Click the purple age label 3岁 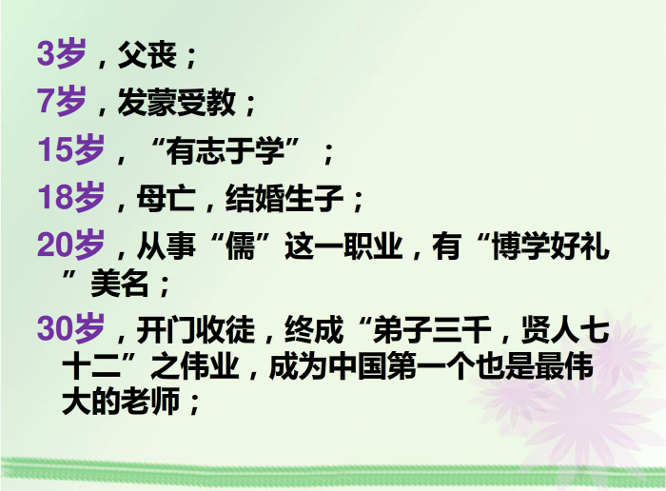pyautogui.click(x=62, y=53)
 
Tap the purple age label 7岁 pyautogui.click(x=62, y=101)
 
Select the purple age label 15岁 pyautogui.click(x=71, y=149)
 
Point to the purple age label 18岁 pyautogui.click(x=71, y=198)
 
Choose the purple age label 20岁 pyautogui.click(x=71, y=245)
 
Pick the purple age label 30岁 pyautogui.click(x=71, y=328)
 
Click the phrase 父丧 pyautogui.click(x=147, y=54)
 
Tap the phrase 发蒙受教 pyautogui.click(x=177, y=102)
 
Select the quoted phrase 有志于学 pyautogui.click(x=225, y=150)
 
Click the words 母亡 pyautogui.click(x=166, y=198)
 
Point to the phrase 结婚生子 pyautogui.click(x=284, y=198)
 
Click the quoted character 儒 pyautogui.click(x=240, y=245)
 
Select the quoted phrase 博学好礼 pyautogui.click(x=551, y=245)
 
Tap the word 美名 pyautogui.click(x=120, y=284)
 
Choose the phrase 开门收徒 pyautogui.click(x=196, y=329)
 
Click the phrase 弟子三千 pyautogui.click(x=432, y=329)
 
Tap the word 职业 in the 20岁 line pyautogui.click(x=373, y=245)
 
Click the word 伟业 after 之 pyautogui.click(x=210, y=365)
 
